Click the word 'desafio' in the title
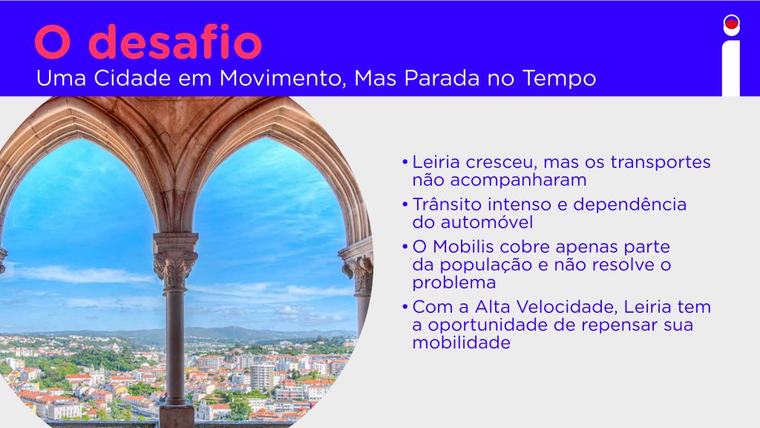pos(175,42)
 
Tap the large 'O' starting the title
pos(53,42)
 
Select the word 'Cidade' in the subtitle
pos(132,78)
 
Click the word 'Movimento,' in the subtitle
pos(283,79)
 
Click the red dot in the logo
pos(731,23)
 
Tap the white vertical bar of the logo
pos(731,68)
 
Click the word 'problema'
pos(454,283)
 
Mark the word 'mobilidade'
pos(462,343)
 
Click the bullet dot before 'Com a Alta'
pos(404,307)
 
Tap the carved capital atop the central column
pos(175,266)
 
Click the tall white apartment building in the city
pos(262,377)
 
